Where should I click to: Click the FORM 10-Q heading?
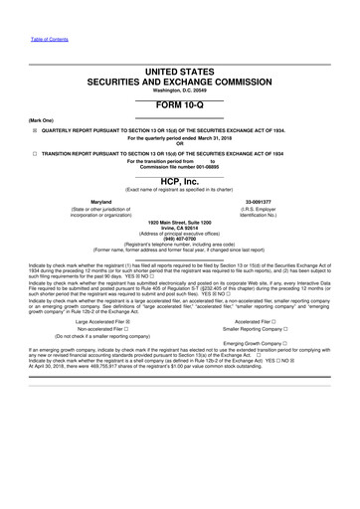179,105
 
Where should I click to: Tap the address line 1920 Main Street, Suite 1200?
179,221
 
